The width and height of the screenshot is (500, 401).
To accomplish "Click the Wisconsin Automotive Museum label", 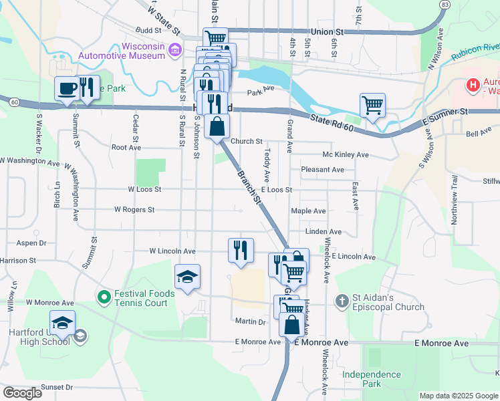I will point(122,51).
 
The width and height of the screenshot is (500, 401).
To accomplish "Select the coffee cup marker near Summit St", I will point(67,89).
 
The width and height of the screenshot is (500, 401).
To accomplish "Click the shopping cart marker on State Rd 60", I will point(372,105).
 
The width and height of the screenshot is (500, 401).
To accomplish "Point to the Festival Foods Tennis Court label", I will point(144,298).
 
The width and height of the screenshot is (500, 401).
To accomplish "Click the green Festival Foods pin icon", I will point(104,295).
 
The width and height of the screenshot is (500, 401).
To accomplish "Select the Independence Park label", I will point(371,379).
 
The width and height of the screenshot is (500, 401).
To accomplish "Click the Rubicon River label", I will point(475,51).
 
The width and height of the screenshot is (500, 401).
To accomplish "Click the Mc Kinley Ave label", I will point(346,154).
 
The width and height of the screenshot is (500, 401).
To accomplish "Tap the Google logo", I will point(22,393).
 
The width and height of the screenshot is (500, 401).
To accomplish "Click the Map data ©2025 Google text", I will point(459,396).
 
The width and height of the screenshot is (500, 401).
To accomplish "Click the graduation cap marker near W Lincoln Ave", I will point(188,277).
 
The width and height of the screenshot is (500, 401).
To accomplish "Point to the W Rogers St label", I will point(134,209).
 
